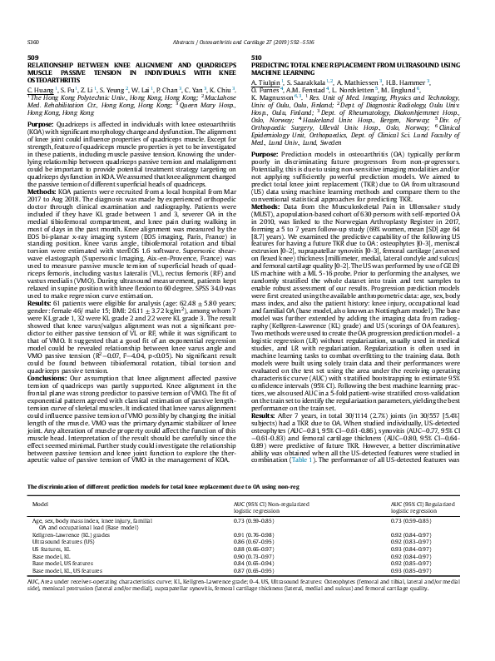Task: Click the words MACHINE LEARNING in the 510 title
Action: [x=288, y=72]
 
